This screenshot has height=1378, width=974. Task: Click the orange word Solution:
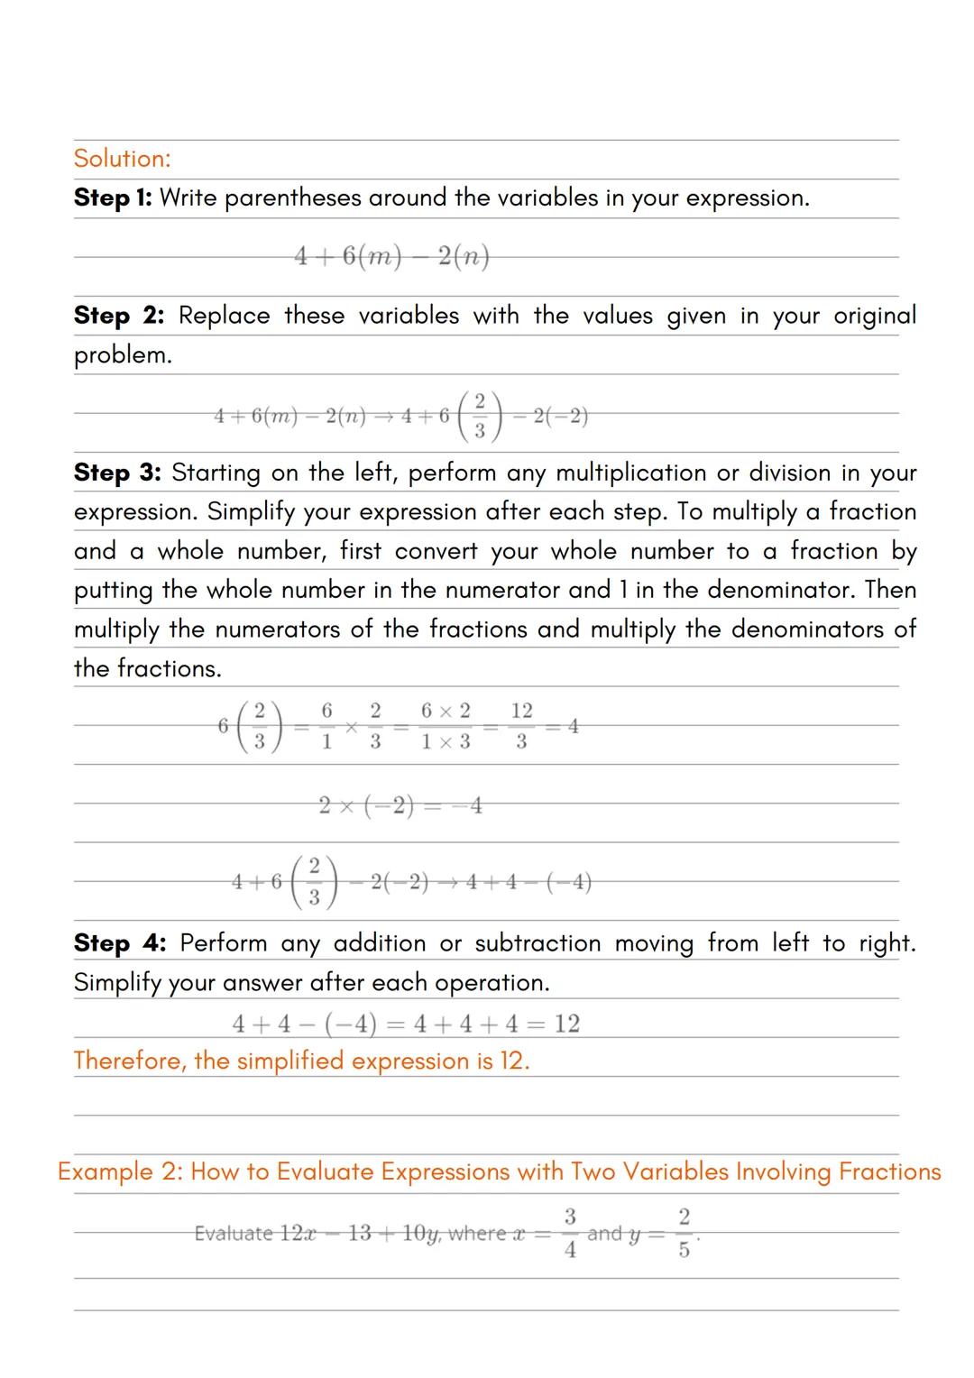[x=122, y=159]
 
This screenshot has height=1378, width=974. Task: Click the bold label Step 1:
[x=113, y=198]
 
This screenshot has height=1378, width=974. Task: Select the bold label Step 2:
[x=119, y=316]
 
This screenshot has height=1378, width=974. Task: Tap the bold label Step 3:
[x=117, y=473]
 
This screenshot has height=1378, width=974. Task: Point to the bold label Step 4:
[x=120, y=943]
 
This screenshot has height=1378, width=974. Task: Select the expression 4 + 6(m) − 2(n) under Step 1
[x=391, y=257]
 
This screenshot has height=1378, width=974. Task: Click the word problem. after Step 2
[x=123, y=355]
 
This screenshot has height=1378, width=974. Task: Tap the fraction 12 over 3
[x=521, y=726]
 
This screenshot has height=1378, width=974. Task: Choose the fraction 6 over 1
[x=326, y=726]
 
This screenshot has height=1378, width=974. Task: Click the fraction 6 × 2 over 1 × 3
[x=446, y=726]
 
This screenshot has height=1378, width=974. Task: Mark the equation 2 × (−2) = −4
[x=400, y=805]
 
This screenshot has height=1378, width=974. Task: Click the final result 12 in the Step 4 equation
[x=566, y=1024]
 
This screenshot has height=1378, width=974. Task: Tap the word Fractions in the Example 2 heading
[x=889, y=1171]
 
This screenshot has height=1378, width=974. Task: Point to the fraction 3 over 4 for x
[x=570, y=1233]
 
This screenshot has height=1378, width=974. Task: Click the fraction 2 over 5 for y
[x=684, y=1233]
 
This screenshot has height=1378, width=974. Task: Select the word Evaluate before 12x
[x=234, y=1233]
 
